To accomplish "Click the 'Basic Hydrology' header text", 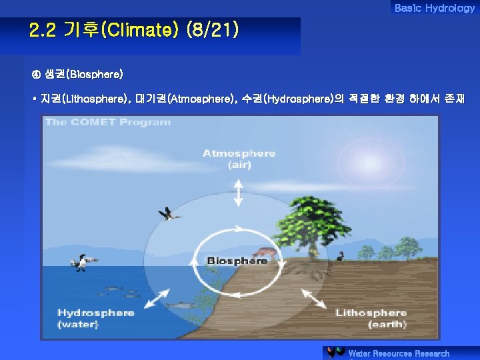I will coord(434,8).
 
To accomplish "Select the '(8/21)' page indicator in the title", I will coord(212,31).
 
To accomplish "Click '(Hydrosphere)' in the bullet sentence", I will coord(299,99).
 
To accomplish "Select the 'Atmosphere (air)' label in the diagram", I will coord(239,159).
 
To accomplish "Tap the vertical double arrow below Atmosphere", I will coord(239,193).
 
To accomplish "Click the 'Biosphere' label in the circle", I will coord(237,261).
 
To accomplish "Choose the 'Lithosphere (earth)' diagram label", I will coord(371,318).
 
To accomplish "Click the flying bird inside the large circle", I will coord(169,213).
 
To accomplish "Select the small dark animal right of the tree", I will coord(341,255).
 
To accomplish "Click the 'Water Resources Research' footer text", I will coord(399,353).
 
